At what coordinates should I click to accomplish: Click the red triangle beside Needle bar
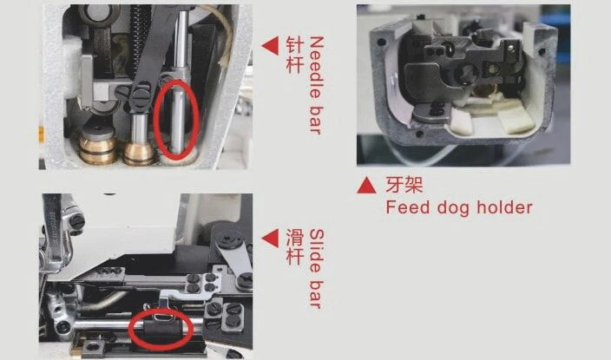point(272,46)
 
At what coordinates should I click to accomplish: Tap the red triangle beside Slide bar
point(272,238)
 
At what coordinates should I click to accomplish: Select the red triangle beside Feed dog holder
point(366,185)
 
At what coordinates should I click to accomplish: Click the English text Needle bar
point(317,86)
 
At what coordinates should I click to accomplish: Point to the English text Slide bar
point(317,269)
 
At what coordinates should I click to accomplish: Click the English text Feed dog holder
point(459,207)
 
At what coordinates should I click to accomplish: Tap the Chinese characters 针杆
point(294,55)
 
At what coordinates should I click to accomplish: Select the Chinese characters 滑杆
point(294,247)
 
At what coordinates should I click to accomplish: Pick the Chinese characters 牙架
point(404,185)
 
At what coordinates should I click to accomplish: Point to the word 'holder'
point(504,207)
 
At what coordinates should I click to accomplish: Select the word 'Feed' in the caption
point(408,207)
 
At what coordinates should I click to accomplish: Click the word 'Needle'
point(317,67)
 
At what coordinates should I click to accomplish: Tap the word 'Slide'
point(317,251)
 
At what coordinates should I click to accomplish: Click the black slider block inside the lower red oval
point(161,330)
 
